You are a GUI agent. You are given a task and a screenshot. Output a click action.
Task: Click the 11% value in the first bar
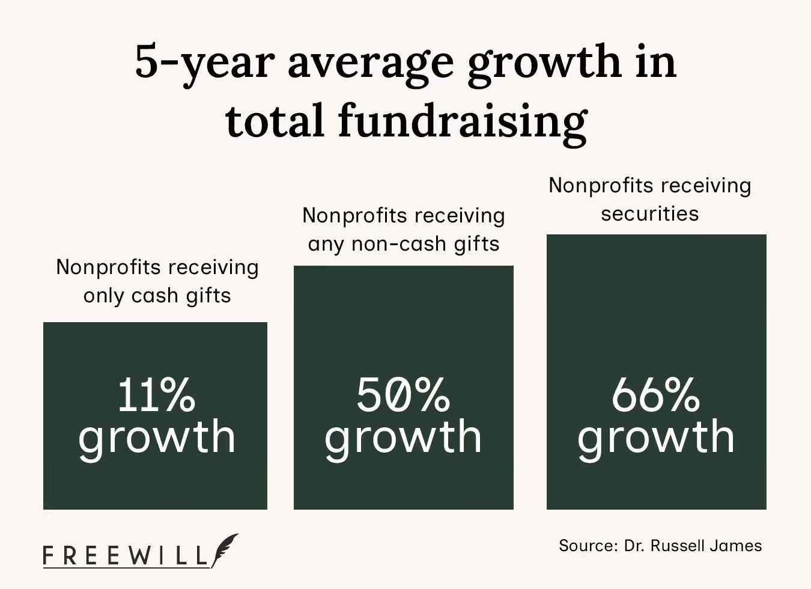click(156, 395)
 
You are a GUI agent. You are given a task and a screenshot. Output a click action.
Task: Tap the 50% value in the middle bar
click(403, 395)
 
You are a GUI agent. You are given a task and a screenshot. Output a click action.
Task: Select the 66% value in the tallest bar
click(655, 395)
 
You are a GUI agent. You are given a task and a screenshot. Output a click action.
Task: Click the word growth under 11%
click(156, 438)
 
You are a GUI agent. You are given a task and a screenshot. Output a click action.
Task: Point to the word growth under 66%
click(655, 438)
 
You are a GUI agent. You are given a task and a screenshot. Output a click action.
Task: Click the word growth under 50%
click(403, 438)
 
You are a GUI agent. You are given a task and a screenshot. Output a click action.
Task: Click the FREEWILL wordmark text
click(126, 556)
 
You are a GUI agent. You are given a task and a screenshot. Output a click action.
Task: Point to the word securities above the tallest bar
click(649, 214)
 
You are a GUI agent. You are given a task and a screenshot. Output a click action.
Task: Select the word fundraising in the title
click(463, 120)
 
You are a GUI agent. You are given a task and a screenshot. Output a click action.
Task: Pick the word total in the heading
click(276, 120)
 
